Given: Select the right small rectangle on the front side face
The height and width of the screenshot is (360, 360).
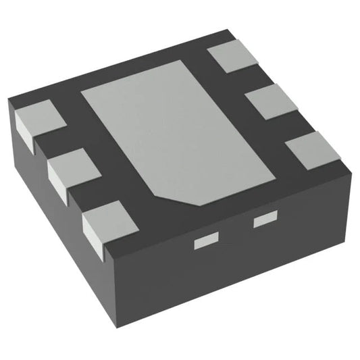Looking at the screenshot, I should click(265, 219).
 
